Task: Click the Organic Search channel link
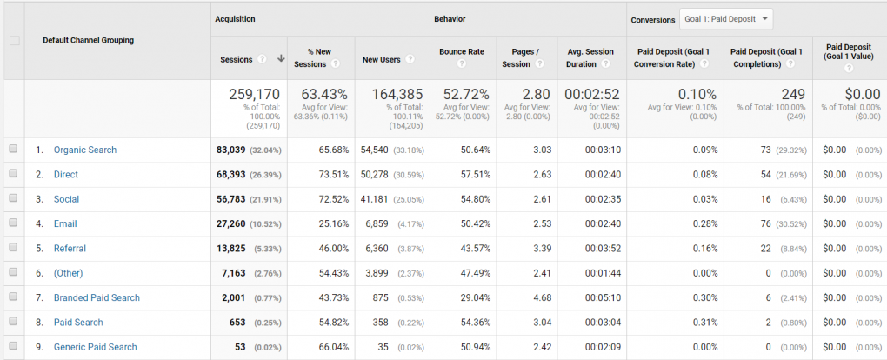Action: click(x=84, y=150)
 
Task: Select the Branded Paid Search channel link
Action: click(x=97, y=297)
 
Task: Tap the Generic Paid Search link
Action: click(x=95, y=347)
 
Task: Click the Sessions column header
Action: click(x=237, y=59)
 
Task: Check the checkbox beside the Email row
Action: click(x=13, y=223)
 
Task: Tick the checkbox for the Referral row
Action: click(x=13, y=248)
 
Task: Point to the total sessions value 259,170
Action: click(x=254, y=94)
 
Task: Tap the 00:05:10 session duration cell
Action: click(x=600, y=297)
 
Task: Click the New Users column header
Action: click(x=381, y=59)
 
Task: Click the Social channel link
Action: click(x=66, y=199)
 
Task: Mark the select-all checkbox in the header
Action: click(x=13, y=40)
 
